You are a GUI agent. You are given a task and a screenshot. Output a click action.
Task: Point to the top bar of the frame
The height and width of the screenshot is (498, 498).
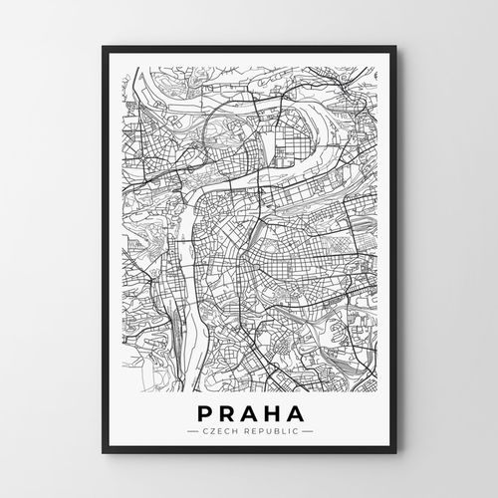pyautogui.click(x=249, y=51)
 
